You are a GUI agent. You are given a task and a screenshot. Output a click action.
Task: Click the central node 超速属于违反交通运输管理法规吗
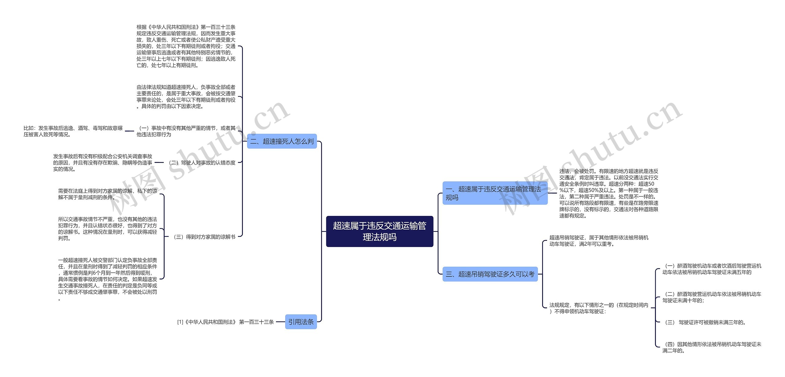[x=379, y=231]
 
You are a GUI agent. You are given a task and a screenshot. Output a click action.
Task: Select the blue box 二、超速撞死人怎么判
[x=282, y=141]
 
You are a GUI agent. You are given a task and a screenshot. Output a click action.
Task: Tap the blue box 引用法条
[x=301, y=322]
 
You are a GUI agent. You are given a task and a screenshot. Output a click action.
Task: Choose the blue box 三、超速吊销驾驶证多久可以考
[x=490, y=274]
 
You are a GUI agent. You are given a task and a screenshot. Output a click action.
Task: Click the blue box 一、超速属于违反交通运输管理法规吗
[x=495, y=193]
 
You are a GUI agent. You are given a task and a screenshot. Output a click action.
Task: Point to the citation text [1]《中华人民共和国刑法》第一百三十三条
[x=225, y=322]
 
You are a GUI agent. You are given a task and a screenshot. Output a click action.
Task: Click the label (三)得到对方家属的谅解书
[x=205, y=237]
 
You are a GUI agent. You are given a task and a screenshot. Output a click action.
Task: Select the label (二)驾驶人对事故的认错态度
[x=202, y=163]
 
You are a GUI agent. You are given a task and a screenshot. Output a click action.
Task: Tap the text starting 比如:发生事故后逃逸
[x=73, y=131]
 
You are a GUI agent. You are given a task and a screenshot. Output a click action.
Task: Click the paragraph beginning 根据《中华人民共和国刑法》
[x=186, y=46]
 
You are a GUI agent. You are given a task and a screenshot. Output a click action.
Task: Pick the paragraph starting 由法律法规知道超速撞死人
[x=186, y=97]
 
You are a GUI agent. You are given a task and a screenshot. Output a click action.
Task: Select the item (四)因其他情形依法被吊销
[x=712, y=348]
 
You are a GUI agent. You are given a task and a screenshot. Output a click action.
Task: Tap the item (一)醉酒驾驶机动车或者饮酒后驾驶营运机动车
[x=712, y=269]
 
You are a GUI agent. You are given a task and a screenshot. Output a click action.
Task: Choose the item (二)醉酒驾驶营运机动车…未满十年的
[x=712, y=297]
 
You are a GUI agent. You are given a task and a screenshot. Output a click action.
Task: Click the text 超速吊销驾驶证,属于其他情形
[x=599, y=241]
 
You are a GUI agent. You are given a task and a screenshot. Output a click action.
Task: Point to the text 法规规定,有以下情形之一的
[x=599, y=308]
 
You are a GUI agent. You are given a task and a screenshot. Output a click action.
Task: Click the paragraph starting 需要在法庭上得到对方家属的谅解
[x=108, y=194]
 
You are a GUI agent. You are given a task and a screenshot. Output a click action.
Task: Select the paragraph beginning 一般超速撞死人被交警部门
[x=108, y=279]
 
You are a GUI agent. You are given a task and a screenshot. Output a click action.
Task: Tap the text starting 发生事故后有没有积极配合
[x=103, y=163]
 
